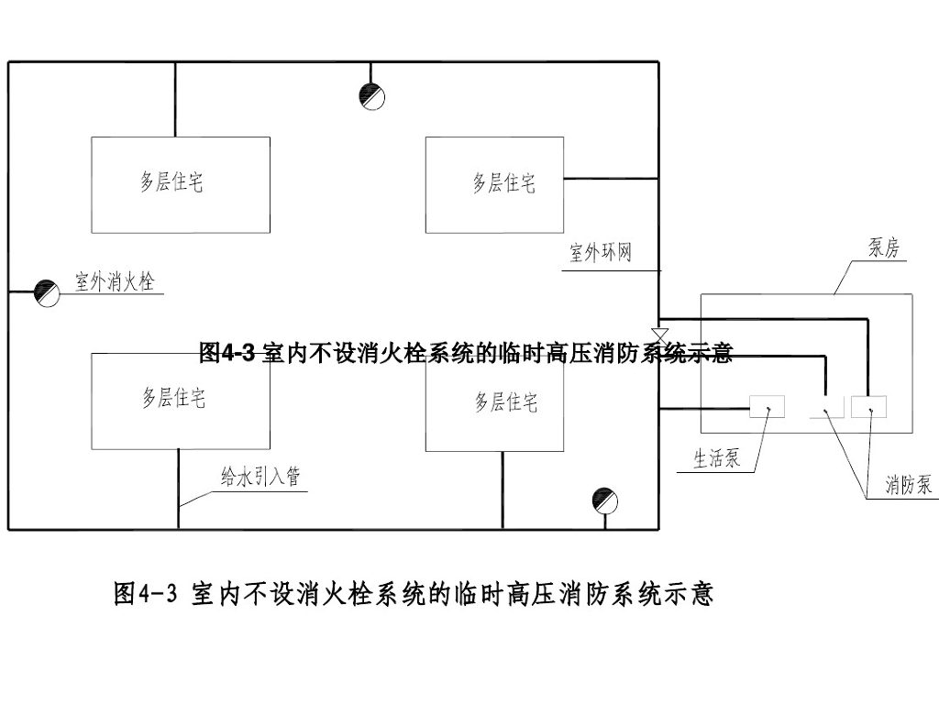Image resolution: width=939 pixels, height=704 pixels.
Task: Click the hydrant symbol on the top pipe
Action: point(372,96)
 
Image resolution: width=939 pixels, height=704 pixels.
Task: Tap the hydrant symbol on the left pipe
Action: point(47,293)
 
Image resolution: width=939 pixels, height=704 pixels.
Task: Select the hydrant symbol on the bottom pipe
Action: point(605,501)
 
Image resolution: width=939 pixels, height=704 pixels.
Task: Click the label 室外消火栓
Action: point(115,281)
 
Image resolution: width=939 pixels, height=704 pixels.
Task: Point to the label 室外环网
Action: point(601,253)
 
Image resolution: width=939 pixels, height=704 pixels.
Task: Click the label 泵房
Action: point(884,247)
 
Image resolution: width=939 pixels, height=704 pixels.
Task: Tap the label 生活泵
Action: point(717,459)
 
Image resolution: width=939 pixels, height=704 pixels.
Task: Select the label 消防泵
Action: point(909,484)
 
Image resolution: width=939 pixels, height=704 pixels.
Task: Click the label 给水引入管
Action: point(260,477)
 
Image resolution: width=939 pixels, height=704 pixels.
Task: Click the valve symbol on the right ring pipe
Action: point(659,335)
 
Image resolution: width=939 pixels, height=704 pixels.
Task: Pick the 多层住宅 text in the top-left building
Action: point(171,182)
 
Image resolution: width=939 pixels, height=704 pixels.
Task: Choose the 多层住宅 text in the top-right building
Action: point(503,183)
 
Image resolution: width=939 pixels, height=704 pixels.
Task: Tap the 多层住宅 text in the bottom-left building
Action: point(173,398)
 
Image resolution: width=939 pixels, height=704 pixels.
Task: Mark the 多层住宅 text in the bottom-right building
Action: point(506,402)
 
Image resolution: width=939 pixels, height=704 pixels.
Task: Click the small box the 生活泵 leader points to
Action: point(768,406)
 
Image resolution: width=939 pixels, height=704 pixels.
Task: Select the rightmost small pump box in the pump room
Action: point(869,406)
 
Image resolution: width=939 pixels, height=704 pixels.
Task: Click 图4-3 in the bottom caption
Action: point(146,593)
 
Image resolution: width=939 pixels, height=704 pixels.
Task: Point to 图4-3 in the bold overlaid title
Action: point(227,353)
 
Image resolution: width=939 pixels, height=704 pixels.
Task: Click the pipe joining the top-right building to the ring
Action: point(611,179)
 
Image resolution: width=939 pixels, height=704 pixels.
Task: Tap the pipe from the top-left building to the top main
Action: point(175,99)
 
